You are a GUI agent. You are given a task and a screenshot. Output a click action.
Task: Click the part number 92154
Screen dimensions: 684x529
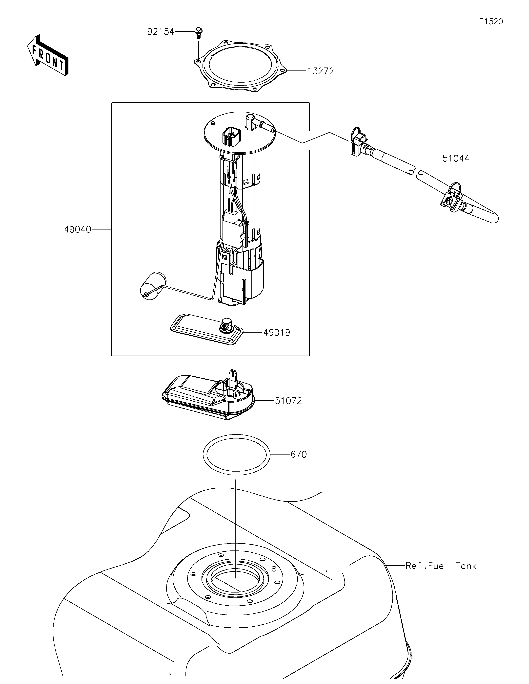click(x=161, y=32)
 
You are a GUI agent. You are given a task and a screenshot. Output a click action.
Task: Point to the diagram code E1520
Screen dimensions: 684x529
click(x=491, y=22)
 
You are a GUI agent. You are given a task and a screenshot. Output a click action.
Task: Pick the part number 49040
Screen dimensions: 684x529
click(x=78, y=229)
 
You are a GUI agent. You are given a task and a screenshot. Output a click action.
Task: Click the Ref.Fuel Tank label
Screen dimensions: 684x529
click(x=441, y=566)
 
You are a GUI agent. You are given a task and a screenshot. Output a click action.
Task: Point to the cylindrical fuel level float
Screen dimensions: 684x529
click(x=153, y=285)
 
